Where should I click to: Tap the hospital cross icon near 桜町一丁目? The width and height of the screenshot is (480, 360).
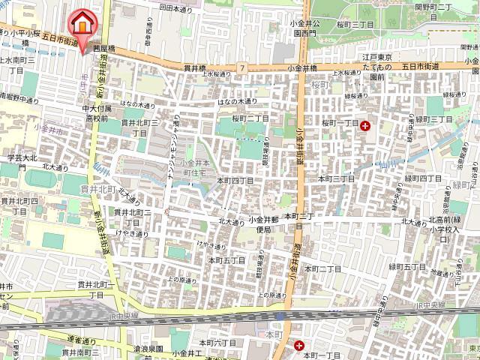point(365,126)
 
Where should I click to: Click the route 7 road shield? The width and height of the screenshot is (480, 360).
point(244,68)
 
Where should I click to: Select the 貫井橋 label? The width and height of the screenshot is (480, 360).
point(195,67)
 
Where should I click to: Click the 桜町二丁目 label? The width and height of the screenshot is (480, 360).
point(250,118)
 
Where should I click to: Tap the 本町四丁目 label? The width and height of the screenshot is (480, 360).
point(235,181)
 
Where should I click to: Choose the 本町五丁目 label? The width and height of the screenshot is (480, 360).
point(227,259)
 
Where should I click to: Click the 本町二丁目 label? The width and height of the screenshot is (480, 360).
point(322,268)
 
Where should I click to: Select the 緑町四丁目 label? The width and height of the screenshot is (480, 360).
point(425,178)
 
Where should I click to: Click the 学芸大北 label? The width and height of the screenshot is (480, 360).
point(22,158)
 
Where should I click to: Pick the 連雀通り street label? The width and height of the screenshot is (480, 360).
point(77,340)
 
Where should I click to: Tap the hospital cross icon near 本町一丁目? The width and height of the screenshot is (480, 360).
point(299,346)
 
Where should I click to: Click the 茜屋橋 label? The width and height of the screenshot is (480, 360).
point(104,48)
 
